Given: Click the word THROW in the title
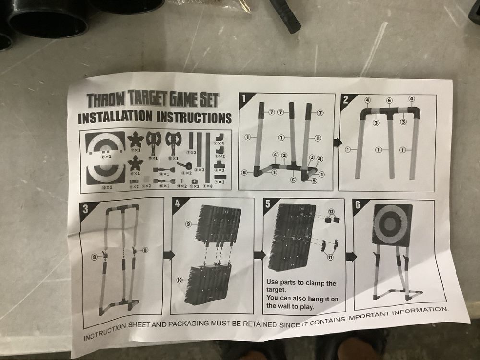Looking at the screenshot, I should tap(105, 100).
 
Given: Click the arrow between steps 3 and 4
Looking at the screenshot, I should tap(168, 255).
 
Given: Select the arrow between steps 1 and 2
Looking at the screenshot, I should tap(337, 143).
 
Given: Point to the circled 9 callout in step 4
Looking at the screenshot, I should tap(189, 223).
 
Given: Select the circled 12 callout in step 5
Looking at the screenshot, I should tap(331, 211).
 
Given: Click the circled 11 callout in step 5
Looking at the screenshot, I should tap(331, 258).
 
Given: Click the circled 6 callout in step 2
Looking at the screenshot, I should tap(389, 100).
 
